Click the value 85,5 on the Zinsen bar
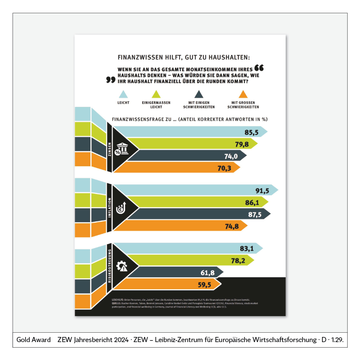coord(251,132)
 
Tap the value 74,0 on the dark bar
coord(231,156)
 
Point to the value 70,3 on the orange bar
coord(224,168)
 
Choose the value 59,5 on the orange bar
coord(205,284)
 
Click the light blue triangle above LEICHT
coord(123,94)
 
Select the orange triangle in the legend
coord(243,94)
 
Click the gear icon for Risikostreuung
coord(122,266)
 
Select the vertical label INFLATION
coord(110,208)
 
